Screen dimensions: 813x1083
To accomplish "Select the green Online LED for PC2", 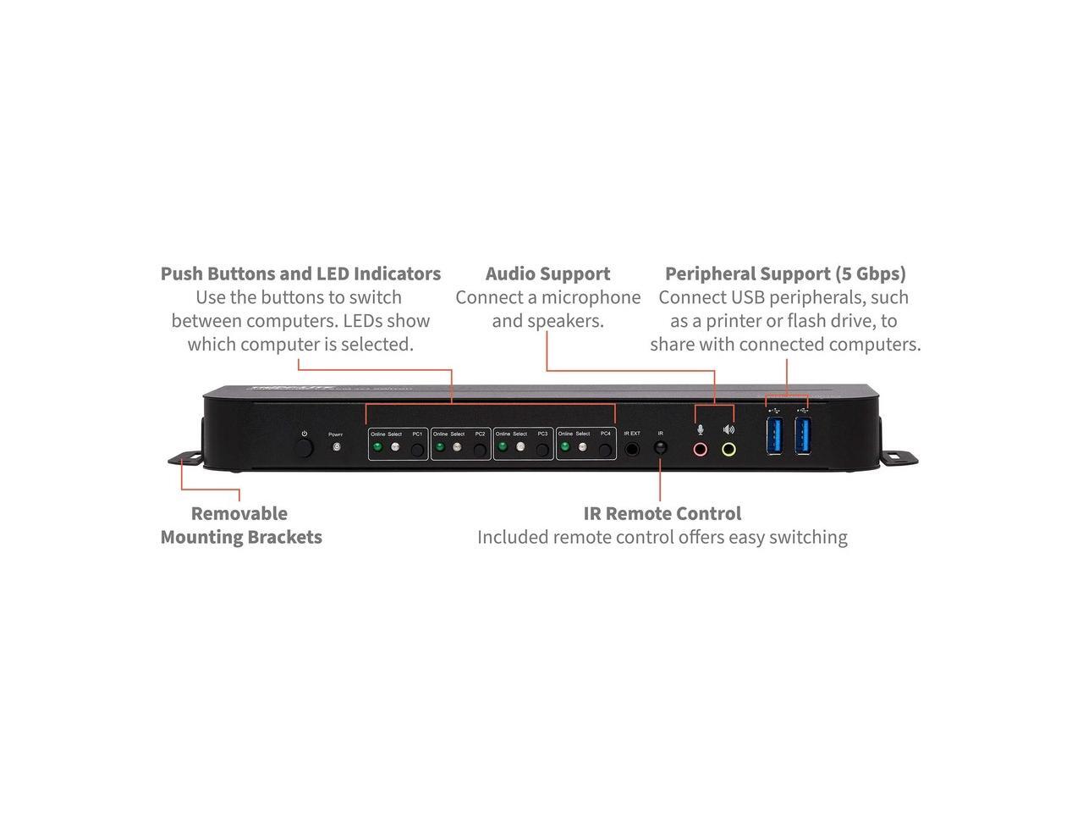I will (440, 446).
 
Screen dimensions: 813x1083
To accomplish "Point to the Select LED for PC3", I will (520, 446).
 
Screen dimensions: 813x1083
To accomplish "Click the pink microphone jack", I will (700, 449).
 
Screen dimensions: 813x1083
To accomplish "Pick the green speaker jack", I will (728, 449).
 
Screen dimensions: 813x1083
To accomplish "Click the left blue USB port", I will (775, 435).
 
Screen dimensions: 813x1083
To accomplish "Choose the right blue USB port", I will (803, 435).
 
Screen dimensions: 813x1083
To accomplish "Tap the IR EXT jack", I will (631, 448).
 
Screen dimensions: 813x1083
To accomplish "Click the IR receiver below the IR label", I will (660, 447).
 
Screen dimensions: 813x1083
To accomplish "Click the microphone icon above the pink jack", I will (700, 429).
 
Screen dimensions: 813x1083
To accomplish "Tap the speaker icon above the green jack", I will (728, 429).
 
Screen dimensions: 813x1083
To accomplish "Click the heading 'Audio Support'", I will (547, 274).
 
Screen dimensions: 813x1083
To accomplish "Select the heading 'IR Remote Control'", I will (662, 513).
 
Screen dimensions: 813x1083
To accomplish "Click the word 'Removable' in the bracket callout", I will (239, 513).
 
